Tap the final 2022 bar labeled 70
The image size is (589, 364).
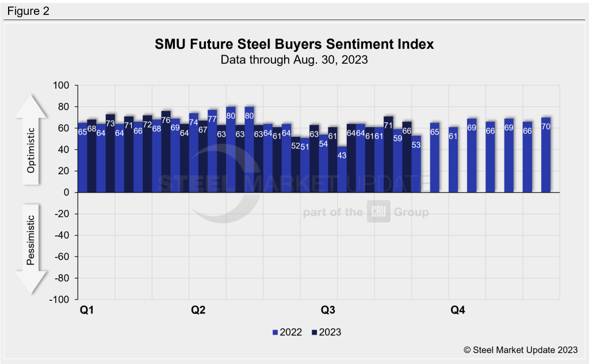pos(546,155)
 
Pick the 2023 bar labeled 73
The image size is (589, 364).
pos(110,153)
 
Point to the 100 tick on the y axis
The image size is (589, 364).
pos(61,86)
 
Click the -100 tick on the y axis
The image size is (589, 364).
pos(59,300)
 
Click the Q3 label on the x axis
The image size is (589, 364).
pos(328,311)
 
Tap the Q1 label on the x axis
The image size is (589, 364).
pos(87,311)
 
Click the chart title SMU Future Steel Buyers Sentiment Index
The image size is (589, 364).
pos(294,44)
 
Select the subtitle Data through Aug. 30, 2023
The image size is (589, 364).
pos(294,59)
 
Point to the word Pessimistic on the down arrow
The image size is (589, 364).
pos(31,240)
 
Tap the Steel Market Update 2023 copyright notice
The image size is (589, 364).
pos(519,349)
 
